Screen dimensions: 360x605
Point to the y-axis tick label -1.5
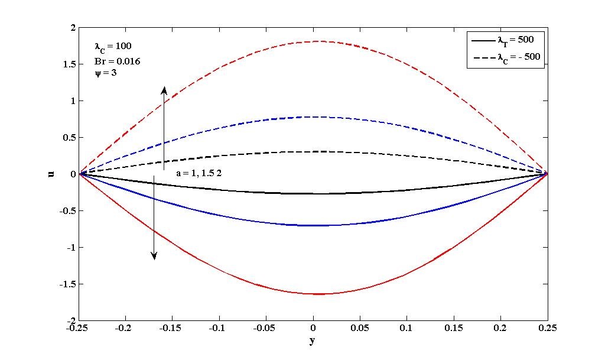coord(67,284)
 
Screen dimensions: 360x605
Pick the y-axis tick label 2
coord(73,28)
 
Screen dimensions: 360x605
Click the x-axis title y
coord(311,341)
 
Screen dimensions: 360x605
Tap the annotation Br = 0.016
coord(118,61)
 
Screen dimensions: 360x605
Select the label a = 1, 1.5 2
coord(198,173)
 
